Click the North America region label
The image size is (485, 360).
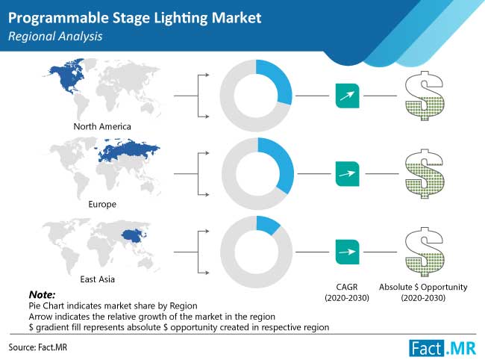click(x=102, y=126)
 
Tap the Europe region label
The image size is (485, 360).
click(x=102, y=205)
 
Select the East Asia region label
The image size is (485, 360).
click(x=98, y=279)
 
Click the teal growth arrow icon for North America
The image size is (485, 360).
click(x=348, y=96)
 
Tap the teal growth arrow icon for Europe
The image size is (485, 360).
click(x=348, y=174)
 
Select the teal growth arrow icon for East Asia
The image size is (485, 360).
click(x=348, y=252)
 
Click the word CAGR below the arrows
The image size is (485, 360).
click(x=347, y=287)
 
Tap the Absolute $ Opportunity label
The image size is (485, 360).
click(x=423, y=288)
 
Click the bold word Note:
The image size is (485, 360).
click(x=42, y=294)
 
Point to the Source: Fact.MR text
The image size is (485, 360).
click(x=38, y=347)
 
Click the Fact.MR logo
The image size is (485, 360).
click(x=442, y=348)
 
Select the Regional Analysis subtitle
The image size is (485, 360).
click(x=55, y=37)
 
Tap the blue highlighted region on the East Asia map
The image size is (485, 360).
click(x=134, y=237)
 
